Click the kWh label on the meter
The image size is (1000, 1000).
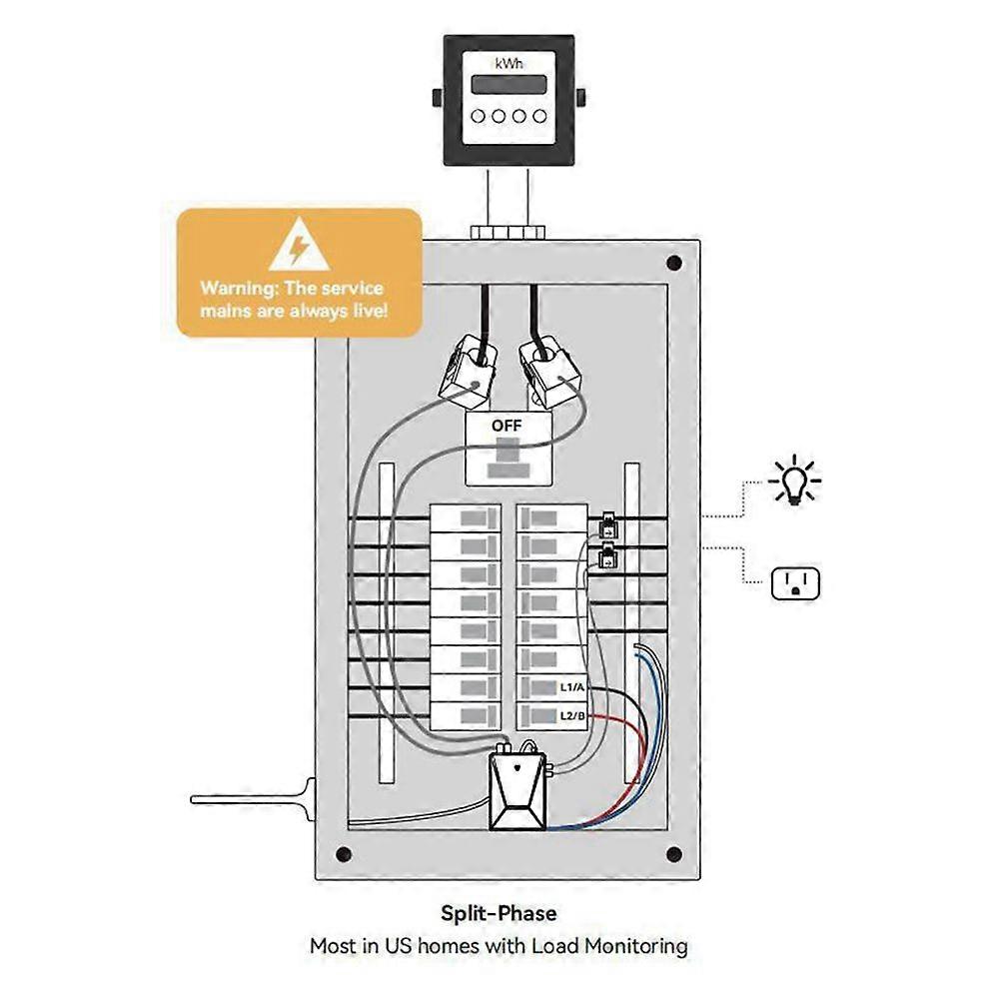click(508, 62)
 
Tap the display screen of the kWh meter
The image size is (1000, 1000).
click(508, 85)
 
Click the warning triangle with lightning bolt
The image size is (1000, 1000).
click(299, 246)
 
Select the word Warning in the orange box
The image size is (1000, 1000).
click(239, 289)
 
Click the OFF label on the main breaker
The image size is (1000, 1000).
click(506, 426)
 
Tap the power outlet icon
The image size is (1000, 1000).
click(795, 583)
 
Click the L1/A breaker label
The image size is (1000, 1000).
click(571, 688)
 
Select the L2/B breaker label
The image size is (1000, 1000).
click(571, 715)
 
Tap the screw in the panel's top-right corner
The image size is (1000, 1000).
click(674, 264)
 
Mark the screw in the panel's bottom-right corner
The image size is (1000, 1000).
click(674, 854)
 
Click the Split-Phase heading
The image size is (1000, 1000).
click(500, 913)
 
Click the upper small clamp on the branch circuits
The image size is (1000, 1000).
click(606, 527)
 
